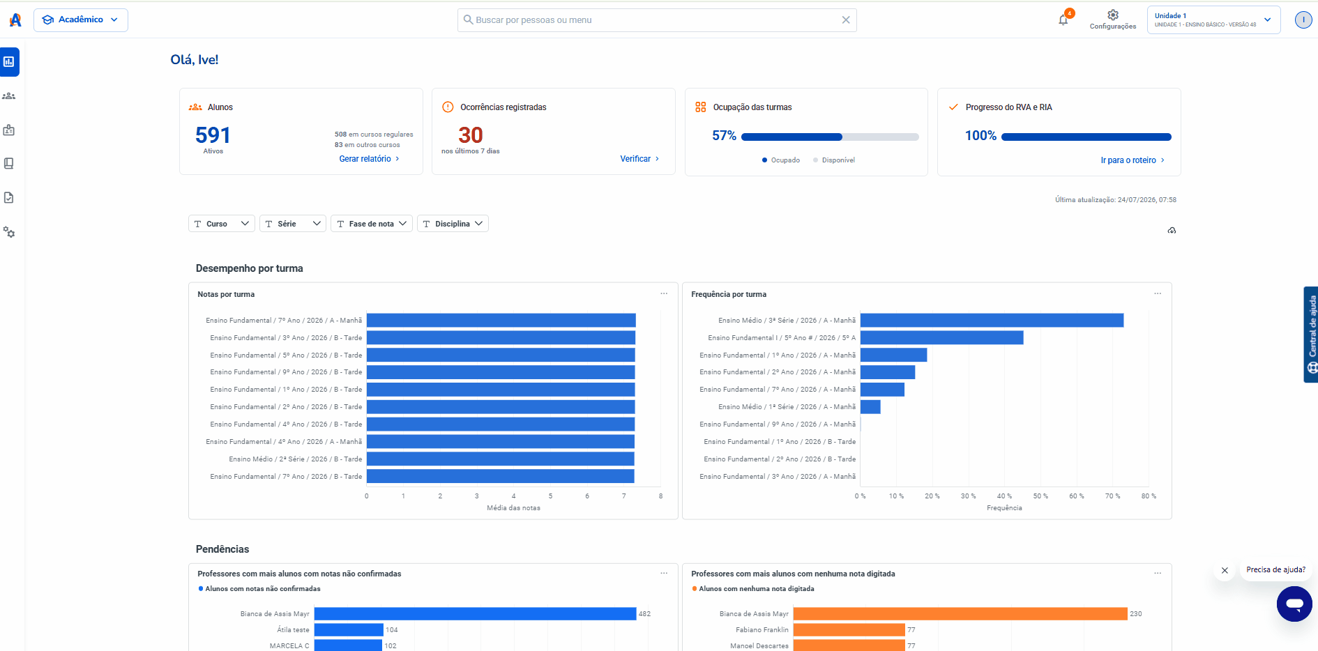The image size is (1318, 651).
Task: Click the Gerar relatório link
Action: click(x=369, y=159)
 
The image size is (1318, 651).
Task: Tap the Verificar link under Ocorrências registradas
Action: click(x=639, y=159)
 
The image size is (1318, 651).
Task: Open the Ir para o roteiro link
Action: click(x=1133, y=160)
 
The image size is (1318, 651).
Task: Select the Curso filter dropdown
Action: click(x=222, y=224)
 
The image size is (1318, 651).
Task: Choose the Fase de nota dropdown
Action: click(x=372, y=224)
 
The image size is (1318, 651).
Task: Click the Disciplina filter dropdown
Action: click(x=453, y=224)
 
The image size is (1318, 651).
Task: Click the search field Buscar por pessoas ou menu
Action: click(x=657, y=20)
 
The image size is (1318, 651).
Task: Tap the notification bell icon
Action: click(x=1063, y=20)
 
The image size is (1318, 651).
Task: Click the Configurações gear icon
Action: click(x=1113, y=15)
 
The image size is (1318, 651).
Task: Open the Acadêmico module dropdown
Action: click(x=81, y=20)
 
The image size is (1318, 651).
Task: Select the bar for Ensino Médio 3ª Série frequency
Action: click(x=992, y=320)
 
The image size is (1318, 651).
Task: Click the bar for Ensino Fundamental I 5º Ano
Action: click(x=941, y=337)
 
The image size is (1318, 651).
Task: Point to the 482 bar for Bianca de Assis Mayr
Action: click(x=475, y=614)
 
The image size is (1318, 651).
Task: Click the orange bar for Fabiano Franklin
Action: click(x=849, y=630)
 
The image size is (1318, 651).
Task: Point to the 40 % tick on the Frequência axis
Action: click(x=1004, y=496)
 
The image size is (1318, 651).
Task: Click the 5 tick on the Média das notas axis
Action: click(x=550, y=496)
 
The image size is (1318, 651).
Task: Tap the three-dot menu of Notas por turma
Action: click(x=664, y=293)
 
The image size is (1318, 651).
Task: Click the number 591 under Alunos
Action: click(x=213, y=135)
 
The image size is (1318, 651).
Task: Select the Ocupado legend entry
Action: click(x=781, y=160)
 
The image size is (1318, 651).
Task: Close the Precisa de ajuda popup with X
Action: click(x=1225, y=570)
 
